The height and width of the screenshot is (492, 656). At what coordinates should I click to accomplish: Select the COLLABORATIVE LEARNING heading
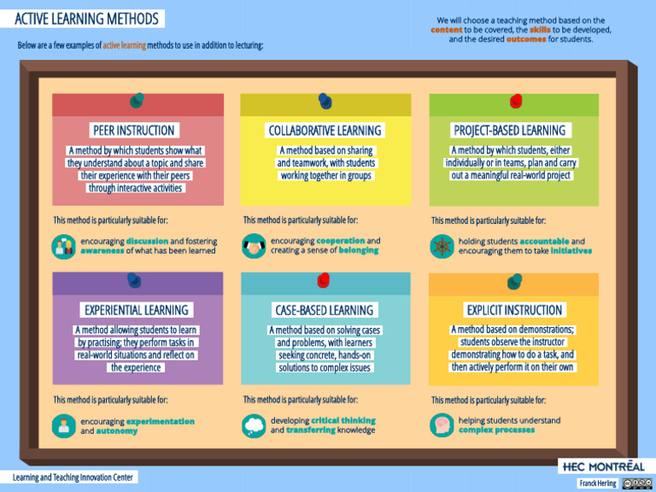(x=325, y=131)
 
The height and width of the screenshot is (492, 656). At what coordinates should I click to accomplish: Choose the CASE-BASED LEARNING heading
(x=324, y=309)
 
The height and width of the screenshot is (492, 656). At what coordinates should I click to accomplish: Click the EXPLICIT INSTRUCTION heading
(x=514, y=309)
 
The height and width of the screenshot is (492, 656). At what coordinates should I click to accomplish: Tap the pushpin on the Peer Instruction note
(x=137, y=102)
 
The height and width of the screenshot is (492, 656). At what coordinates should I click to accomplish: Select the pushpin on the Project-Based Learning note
(x=515, y=102)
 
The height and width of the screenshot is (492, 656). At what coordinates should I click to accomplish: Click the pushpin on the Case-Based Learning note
(x=324, y=280)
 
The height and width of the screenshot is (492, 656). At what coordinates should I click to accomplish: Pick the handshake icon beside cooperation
(x=254, y=246)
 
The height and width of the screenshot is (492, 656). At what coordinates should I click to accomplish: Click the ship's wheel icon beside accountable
(x=442, y=246)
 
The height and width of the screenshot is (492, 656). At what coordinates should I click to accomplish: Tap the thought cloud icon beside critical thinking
(x=254, y=425)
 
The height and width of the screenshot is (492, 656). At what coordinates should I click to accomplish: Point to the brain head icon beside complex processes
(x=442, y=425)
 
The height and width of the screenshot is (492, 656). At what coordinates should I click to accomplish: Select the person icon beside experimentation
(x=63, y=425)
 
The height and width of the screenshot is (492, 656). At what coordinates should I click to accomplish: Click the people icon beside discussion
(x=63, y=246)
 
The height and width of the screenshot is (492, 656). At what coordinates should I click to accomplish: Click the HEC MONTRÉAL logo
(x=603, y=466)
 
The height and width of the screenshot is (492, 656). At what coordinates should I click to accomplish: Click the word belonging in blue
(x=358, y=251)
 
